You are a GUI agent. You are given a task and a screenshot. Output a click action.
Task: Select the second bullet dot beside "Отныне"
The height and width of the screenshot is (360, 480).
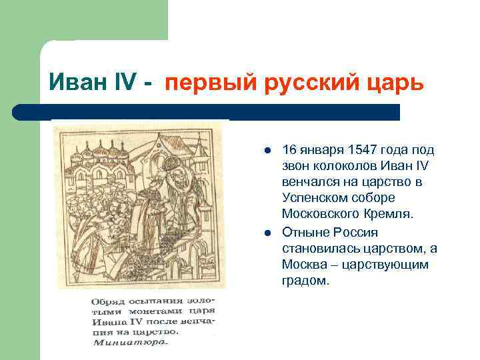(267, 233)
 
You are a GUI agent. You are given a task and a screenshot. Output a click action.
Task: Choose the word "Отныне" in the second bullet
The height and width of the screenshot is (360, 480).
(306, 232)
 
